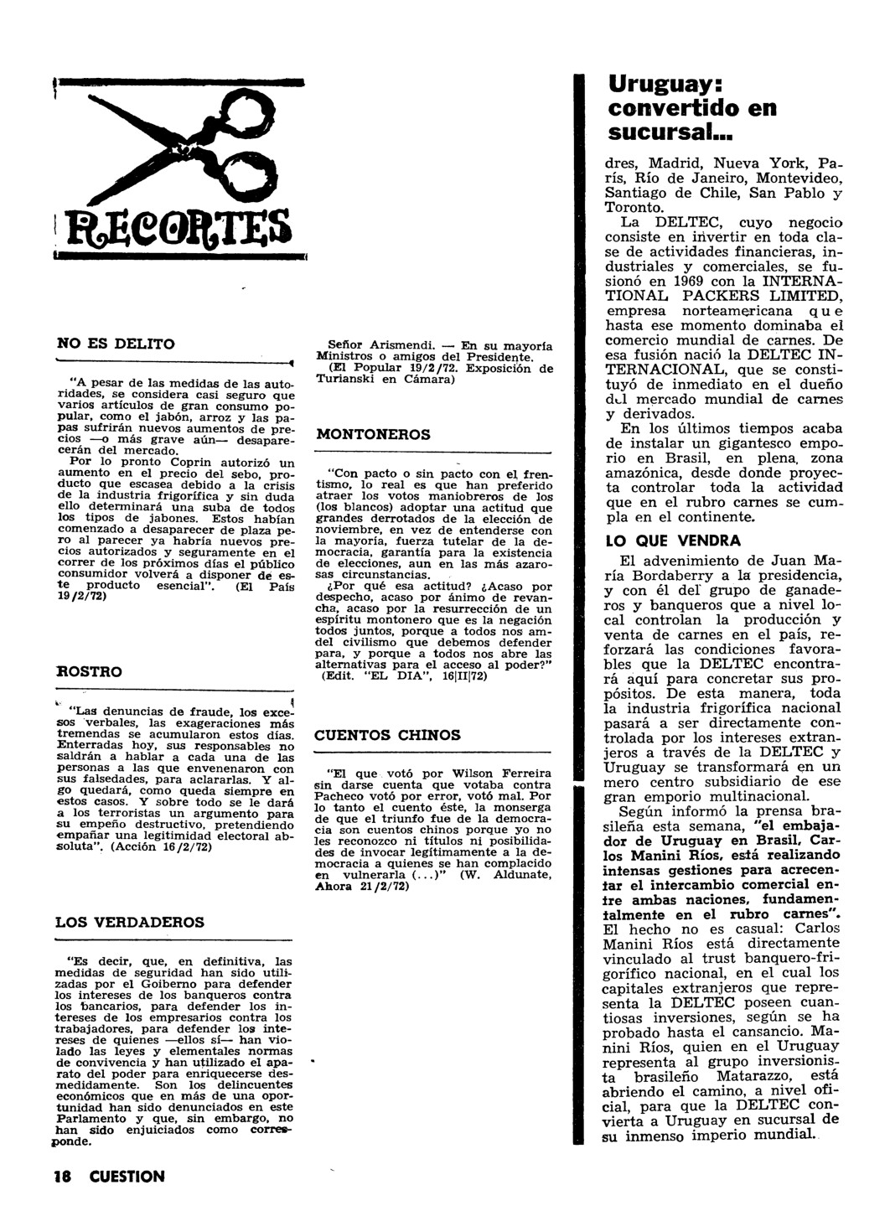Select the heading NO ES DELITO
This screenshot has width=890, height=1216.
point(115,344)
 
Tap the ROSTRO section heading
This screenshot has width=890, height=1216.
point(88,671)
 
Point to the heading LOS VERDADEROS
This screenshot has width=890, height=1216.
point(129,922)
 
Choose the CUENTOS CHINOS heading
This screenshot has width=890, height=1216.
point(386,735)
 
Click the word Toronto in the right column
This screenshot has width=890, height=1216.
point(634,207)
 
